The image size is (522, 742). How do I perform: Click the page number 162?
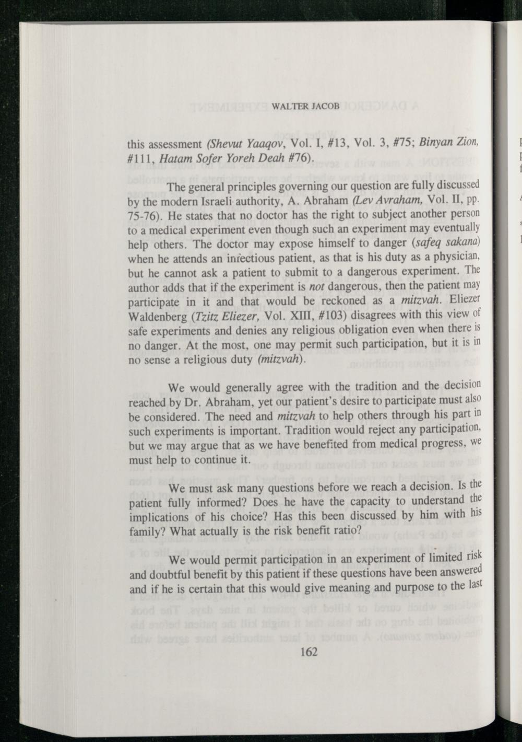coord(309,652)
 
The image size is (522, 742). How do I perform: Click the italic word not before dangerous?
coord(317,287)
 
